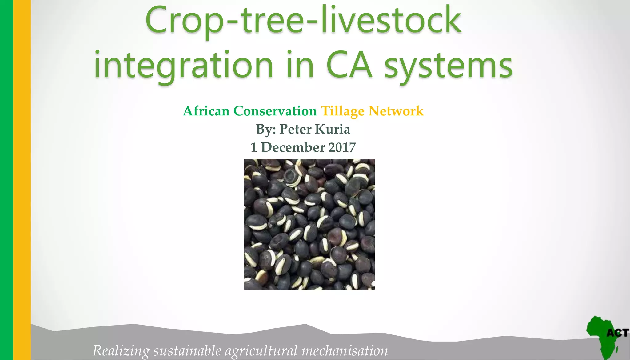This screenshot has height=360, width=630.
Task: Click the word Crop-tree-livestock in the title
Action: point(303,21)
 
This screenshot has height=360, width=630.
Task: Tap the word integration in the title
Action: point(183,65)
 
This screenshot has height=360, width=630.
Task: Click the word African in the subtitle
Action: point(206,111)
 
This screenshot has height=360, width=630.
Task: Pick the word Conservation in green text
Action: point(275,111)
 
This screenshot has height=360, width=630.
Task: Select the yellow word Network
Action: point(396,111)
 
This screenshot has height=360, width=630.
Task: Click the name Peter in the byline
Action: point(295,129)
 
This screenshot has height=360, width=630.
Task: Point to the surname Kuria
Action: point(333,129)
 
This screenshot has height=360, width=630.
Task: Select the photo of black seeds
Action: point(309,224)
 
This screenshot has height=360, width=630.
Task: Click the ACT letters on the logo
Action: point(617,333)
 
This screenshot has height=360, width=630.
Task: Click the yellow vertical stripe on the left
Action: point(22,180)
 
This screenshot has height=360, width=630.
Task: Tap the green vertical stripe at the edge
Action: point(6,180)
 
